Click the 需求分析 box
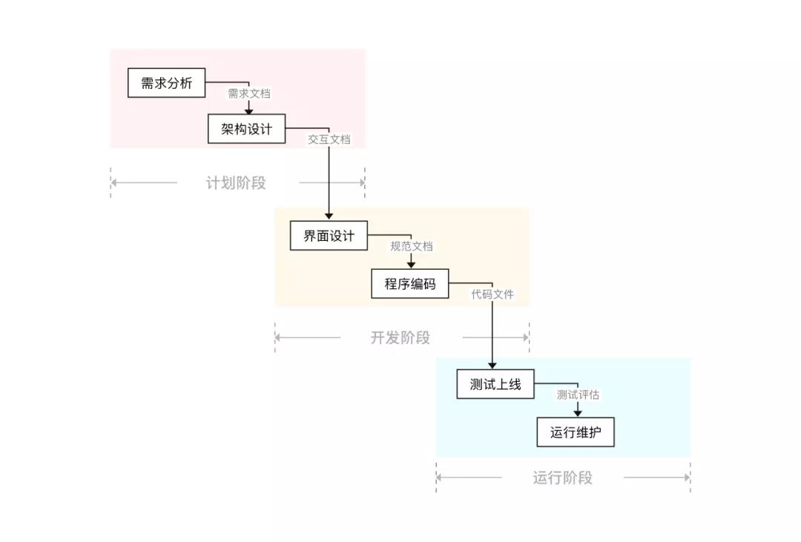pos(166,83)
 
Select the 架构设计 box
pos(246,129)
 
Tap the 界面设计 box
pos(329,236)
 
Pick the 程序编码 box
pos(409,283)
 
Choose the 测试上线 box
pos(495,384)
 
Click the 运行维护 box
pos(576,432)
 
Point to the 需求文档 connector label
pos(249,93)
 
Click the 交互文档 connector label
pos(329,139)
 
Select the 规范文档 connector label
pos(412,246)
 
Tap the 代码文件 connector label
pos(492,294)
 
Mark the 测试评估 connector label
pos(578,395)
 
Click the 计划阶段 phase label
pos(236,183)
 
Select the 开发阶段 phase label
pos(400,338)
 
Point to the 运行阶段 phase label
pos(562,478)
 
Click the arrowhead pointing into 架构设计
pos(249,111)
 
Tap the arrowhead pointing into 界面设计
pos(329,217)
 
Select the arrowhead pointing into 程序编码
pos(411,264)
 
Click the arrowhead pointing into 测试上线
pos(492,365)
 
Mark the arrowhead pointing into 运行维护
pos(577,412)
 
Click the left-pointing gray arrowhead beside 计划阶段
pos(114,182)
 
